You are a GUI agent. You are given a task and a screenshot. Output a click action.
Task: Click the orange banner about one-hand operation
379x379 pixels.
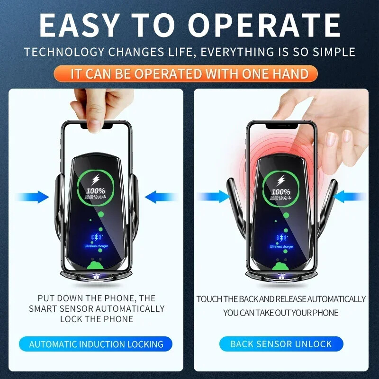pos(189,74)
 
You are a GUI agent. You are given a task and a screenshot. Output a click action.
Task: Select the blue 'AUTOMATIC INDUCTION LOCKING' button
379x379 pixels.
pos(96,344)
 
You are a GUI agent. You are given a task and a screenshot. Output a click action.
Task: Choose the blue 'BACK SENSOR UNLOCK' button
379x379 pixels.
pos(281,344)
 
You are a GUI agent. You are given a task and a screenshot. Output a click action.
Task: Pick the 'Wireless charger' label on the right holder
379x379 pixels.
pos(281,246)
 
